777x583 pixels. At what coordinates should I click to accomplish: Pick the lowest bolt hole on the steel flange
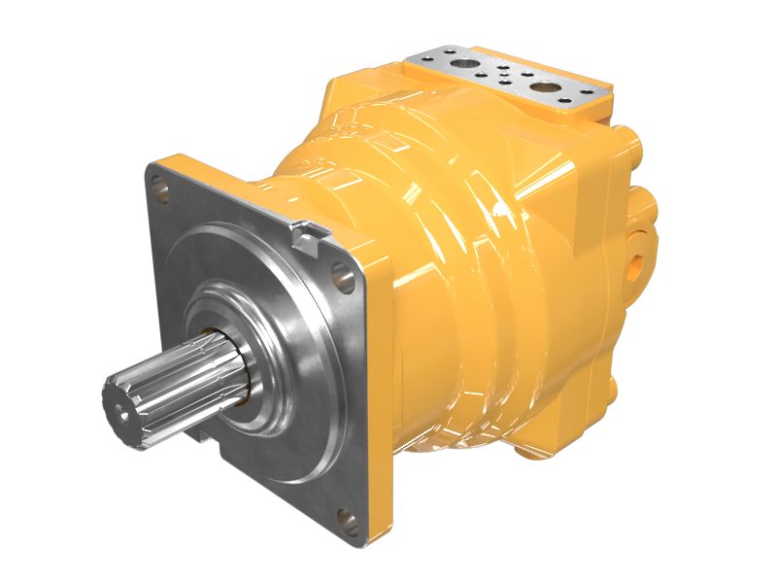click(341, 516)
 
